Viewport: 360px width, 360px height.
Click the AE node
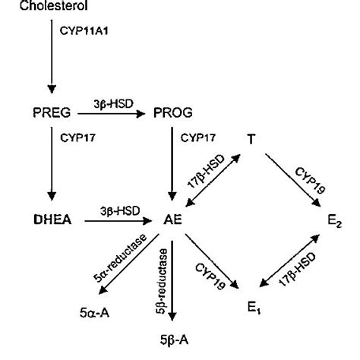pyautogui.click(x=172, y=222)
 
